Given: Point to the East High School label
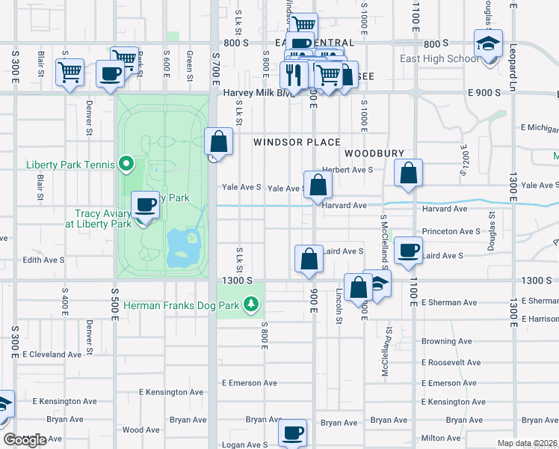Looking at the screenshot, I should pos(440,59).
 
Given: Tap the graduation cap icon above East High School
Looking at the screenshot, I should pos(488,44).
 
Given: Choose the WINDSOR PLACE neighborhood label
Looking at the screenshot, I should pos(296,142).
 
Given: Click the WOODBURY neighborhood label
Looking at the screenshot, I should pos(374,153).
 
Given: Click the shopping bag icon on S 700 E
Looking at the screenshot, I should pos(218,141).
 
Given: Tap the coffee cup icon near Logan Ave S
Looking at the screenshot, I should pos(293,433).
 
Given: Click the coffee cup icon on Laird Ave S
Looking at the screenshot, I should pos(408,251).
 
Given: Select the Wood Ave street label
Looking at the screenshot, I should pos(141,430).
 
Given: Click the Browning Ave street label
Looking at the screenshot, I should pos(446,341).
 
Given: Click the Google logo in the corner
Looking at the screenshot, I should pos(25,440).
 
